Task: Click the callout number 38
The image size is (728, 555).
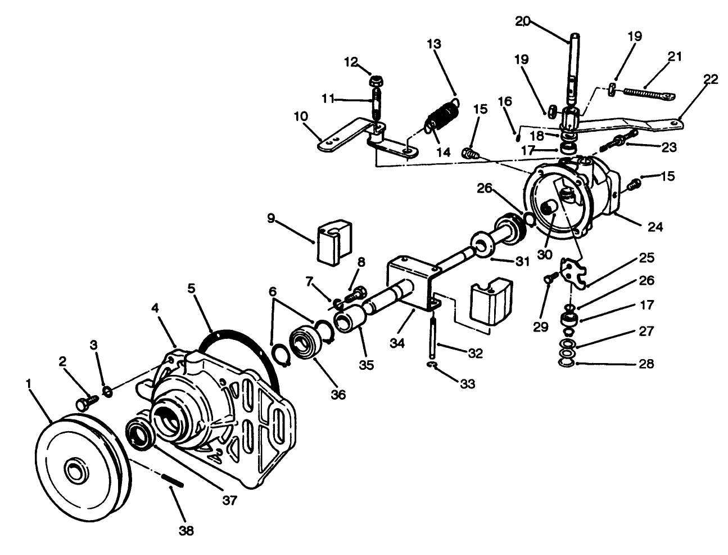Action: click(186, 531)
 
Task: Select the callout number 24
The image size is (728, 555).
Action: click(655, 227)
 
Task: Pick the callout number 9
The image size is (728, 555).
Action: click(271, 218)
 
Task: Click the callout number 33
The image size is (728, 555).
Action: click(467, 384)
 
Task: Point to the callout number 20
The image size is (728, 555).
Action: click(523, 21)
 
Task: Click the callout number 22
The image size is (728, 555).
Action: click(710, 79)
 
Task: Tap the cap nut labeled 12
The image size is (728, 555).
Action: click(377, 80)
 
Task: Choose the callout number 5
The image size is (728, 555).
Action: click(191, 288)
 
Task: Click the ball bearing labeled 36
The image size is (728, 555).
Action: click(305, 343)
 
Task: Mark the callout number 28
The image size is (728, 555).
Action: click(646, 364)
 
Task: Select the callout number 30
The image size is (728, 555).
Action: click(544, 254)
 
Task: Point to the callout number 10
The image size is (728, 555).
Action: click(300, 116)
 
